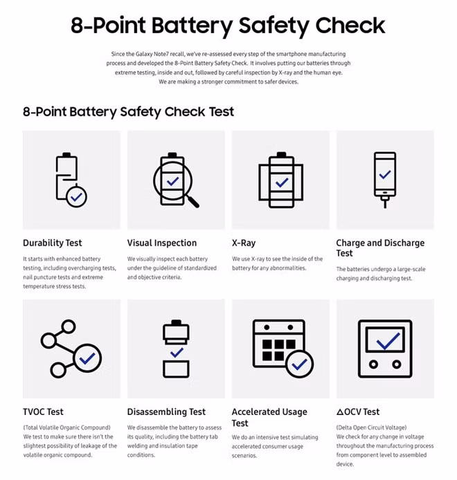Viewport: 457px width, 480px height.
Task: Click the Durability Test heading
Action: point(52,243)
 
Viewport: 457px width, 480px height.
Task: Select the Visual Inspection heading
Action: point(161,243)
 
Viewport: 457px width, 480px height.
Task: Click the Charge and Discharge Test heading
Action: point(380,248)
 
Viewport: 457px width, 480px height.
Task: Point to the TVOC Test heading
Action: point(43,412)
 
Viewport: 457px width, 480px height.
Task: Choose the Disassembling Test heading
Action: point(166,412)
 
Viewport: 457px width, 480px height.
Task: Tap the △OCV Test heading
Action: point(358,412)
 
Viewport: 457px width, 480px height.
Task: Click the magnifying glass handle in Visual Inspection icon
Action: point(192,201)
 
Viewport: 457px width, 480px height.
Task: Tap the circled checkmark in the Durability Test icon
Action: point(76,196)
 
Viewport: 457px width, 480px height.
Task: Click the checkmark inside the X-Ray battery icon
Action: point(280,183)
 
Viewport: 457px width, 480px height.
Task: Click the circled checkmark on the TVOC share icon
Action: point(89,358)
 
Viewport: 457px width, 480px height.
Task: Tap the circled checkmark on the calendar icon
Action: point(300,363)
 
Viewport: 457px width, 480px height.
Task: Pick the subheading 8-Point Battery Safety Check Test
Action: point(128,111)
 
